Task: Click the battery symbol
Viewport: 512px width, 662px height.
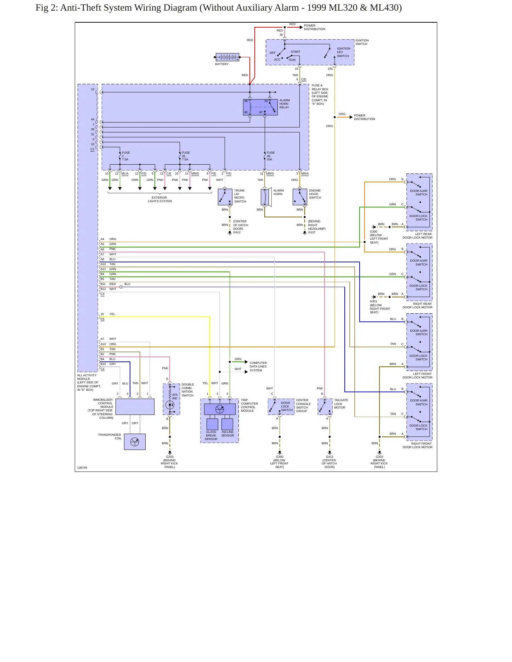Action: point(227,57)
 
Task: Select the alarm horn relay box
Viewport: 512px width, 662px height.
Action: point(260,107)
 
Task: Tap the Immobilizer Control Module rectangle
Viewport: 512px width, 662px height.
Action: point(135,407)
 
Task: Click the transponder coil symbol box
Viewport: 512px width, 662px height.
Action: point(135,442)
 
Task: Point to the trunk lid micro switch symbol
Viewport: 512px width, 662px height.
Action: point(225,197)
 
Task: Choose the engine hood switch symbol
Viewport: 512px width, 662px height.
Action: point(300,197)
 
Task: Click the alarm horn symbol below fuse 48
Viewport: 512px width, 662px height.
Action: point(266,197)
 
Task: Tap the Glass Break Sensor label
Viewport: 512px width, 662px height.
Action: point(211,435)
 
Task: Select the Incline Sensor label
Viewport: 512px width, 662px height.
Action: point(227,434)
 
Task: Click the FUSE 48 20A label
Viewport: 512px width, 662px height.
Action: point(271,156)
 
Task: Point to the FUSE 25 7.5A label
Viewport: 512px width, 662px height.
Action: point(186,156)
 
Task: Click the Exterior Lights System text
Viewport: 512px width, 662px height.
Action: point(160,199)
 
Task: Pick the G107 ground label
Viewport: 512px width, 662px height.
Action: point(312,232)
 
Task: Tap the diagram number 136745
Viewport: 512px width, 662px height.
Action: point(82,468)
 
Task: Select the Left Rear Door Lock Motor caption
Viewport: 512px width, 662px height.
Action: point(417,236)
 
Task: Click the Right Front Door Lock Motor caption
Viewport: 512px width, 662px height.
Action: point(417,445)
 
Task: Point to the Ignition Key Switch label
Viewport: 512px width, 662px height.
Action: point(343,52)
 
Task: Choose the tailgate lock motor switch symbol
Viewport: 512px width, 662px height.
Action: point(325,407)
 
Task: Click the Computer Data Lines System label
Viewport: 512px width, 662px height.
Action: point(258,367)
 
